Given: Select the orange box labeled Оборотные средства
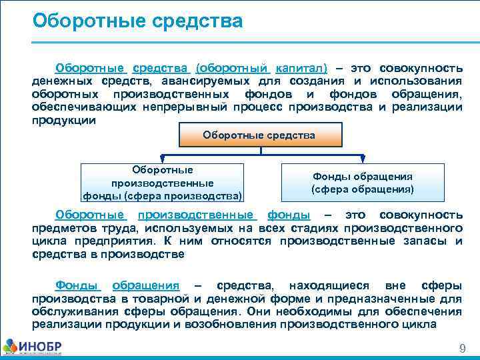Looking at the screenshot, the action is pos(259,135).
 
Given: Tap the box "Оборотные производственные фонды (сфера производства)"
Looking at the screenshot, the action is pos(163,183).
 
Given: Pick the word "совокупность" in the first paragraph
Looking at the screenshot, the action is pos(421,69).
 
